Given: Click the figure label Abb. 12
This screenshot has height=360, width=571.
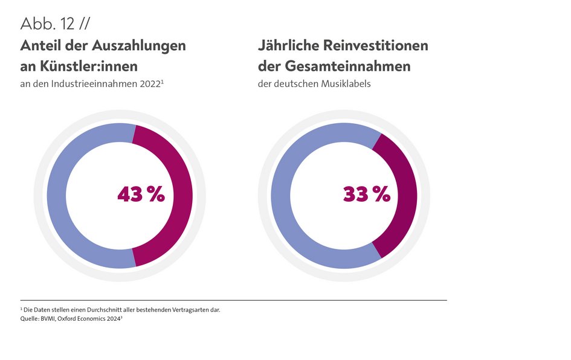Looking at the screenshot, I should point(47,24).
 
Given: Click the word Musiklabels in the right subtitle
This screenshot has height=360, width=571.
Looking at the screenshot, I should point(345,85).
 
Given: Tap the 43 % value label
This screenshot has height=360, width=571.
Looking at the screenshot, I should point(141,194).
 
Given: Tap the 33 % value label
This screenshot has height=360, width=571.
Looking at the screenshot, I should point(366,194).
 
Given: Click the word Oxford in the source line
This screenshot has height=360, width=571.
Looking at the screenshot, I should point(76,319).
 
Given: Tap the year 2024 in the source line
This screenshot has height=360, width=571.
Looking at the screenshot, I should point(114,319).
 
